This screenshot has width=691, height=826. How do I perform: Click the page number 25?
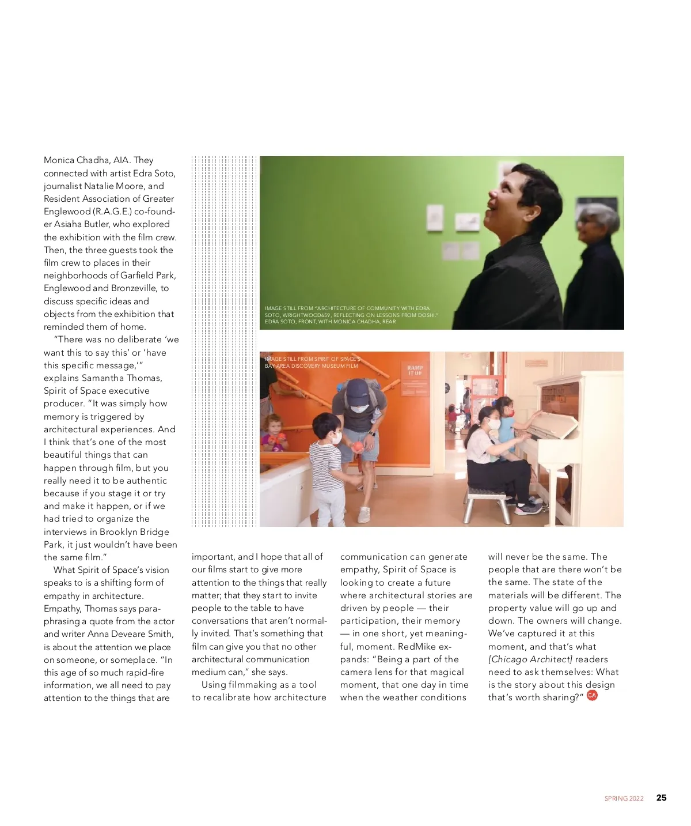[661, 798]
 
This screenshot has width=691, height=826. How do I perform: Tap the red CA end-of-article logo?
[592, 695]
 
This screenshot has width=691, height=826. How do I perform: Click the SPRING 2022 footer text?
[624, 798]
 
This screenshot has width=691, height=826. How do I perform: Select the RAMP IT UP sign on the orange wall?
[415, 370]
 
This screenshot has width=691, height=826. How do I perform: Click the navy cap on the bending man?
[356, 389]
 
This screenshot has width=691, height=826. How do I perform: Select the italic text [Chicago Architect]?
[530, 659]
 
